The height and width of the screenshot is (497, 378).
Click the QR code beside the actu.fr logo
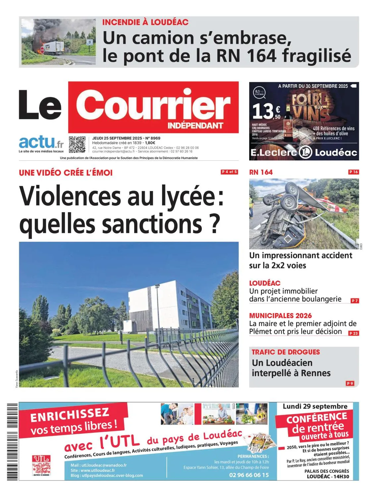coord(77,144)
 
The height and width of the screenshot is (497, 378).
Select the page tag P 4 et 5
coord(229,172)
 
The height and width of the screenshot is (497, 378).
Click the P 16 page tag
coord(353,172)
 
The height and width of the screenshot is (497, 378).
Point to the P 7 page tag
coord(354,301)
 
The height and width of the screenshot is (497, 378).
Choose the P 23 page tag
coord(353,333)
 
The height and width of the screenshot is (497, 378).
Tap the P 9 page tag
coord(350,383)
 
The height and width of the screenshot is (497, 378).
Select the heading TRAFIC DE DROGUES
coord(286,352)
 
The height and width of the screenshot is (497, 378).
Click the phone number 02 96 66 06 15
coord(249,475)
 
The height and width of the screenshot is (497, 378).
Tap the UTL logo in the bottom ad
coord(41,466)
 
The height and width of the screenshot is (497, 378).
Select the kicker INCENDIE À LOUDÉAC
coord(145,23)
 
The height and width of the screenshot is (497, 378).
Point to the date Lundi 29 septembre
coord(315,406)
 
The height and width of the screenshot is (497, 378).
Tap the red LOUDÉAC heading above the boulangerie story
coord(265,283)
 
